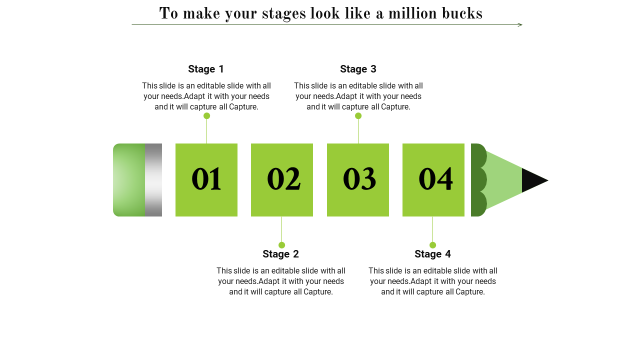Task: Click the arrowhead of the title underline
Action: point(520,25)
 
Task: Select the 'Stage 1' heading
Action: point(206,69)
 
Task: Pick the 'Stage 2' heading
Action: point(280,254)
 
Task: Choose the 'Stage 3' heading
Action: point(358,69)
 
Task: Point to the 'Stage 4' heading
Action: point(432,254)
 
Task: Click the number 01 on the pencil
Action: point(206,179)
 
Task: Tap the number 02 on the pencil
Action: point(283,179)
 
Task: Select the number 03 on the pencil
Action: point(359,179)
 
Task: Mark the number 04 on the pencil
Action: point(435,179)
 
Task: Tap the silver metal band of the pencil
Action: point(153,180)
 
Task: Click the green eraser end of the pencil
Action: point(129,180)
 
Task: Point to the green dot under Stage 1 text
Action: point(206,115)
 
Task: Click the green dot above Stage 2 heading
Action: point(281,245)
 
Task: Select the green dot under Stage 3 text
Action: point(358,115)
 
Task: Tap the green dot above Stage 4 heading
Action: point(432,245)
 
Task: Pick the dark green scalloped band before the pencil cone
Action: point(477,180)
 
